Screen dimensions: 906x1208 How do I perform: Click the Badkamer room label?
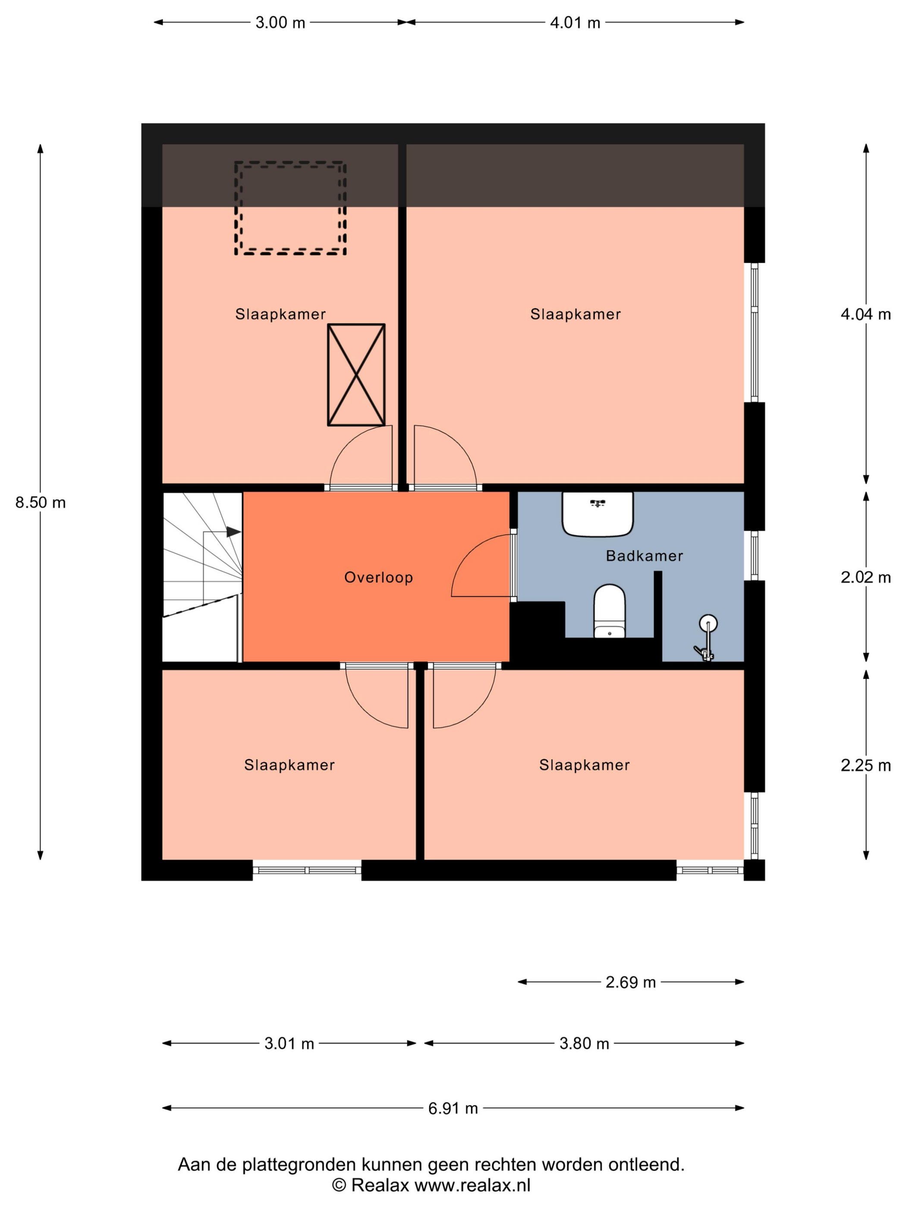(x=645, y=556)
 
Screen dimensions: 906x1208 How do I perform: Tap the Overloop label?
(x=378, y=577)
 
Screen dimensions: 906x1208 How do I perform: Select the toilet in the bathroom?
(x=610, y=611)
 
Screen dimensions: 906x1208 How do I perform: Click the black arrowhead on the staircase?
(x=234, y=532)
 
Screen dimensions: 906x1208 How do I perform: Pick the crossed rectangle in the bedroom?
(x=356, y=374)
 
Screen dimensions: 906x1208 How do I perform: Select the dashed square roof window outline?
(x=290, y=208)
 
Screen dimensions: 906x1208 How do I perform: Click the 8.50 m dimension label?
(x=41, y=503)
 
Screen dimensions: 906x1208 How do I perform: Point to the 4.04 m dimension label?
(x=865, y=314)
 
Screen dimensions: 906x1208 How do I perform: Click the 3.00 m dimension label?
(x=280, y=22)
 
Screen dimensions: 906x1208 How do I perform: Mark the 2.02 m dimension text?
(x=865, y=577)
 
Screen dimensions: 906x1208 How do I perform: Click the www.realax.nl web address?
(x=472, y=1185)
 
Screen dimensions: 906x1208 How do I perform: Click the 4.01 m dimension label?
(x=575, y=22)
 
